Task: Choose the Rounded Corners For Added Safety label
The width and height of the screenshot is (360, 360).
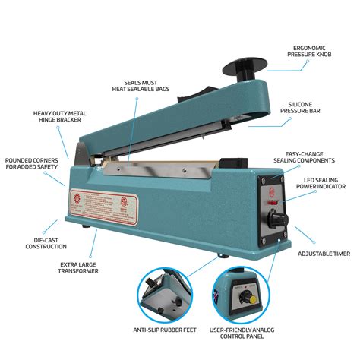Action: point(30,165)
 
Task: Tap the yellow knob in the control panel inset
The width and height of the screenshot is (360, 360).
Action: point(245,298)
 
